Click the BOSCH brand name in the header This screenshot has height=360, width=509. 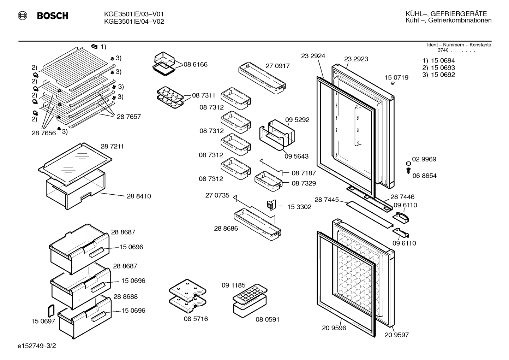pyautogui.click(x=53, y=16)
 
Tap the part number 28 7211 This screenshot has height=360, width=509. pyautogui.click(x=112, y=146)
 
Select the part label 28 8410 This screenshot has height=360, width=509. pyautogui.click(x=139, y=196)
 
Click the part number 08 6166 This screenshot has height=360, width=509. pyautogui.click(x=196, y=64)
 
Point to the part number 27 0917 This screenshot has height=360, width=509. pyautogui.click(x=278, y=66)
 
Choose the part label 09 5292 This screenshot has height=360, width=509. pyautogui.click(x=297, y=120)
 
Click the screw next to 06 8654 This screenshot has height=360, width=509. pyautogui.click(x=408, y=170)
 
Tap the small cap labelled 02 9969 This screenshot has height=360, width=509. pyautogui.click(x=408, y=164)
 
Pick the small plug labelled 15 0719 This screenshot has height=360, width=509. pyautogui.click(x=393, y=83)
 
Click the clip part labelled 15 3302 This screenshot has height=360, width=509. pyautogui.click(x=271, y=205)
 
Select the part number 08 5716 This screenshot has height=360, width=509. pyautogui.click(x=196, y=319)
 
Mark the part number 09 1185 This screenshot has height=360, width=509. pyautogui.click(x=234, y=285)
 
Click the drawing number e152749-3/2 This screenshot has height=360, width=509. pyautogui.click(x=37, y=346)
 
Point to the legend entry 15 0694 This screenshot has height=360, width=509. pyautogui.click(x=443, y=60)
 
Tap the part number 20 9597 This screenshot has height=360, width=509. pyautogui.click(x=397, y=335)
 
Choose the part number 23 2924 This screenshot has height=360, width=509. pyautogui.click(x=313, y=56)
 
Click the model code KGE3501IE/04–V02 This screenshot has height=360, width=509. pyautogui.click(x=134, y=22)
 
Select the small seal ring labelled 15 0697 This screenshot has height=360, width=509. pyautogui.click(x=51, y=311)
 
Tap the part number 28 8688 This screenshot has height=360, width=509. pyautogui.click(x=125, y=296)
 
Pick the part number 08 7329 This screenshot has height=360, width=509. pyautogui.click(x=304, y=183)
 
